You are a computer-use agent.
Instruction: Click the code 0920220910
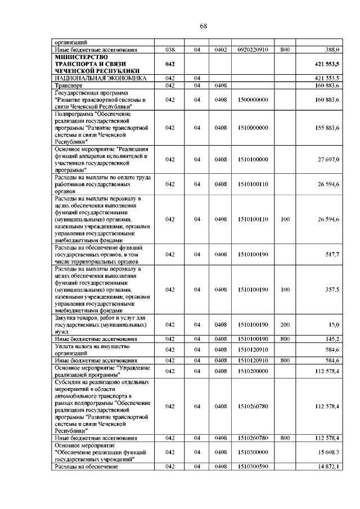(x=253, y=49)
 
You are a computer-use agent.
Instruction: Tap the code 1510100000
(x=253, y=159)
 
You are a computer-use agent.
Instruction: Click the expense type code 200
(x=285, y=325)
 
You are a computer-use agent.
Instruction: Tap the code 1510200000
(x=253, y=371)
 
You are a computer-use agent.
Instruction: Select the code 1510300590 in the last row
(x=253, y=466)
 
